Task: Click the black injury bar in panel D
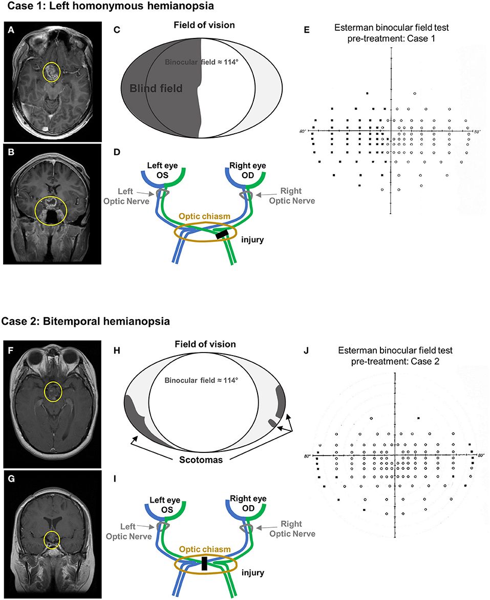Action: tap(222, 235)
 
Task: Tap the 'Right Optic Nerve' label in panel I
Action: tap(293, 529)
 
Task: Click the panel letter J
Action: tap(306, 352)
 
